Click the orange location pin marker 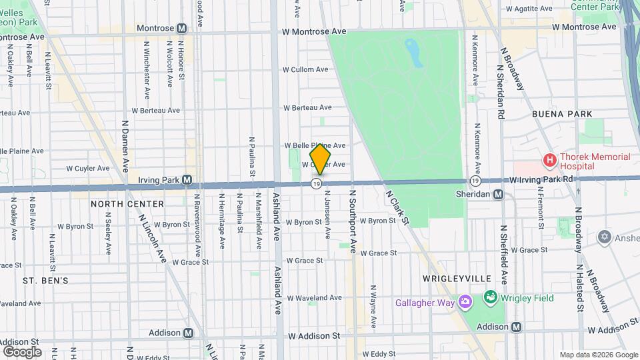(x=321, y=159)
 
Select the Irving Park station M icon (x=187, y=180)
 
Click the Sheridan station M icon (x=499, y=194)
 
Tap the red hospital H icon (x=550, y=160)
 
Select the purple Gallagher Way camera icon (x=465, y=303)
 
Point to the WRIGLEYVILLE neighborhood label (x=457, y=279)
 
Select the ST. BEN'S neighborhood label (x=45, y=281)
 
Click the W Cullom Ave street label (x=305, y=69)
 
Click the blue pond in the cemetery (x=415, y=53)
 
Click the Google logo (x=22, y=351)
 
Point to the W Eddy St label (x=379, y=354)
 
